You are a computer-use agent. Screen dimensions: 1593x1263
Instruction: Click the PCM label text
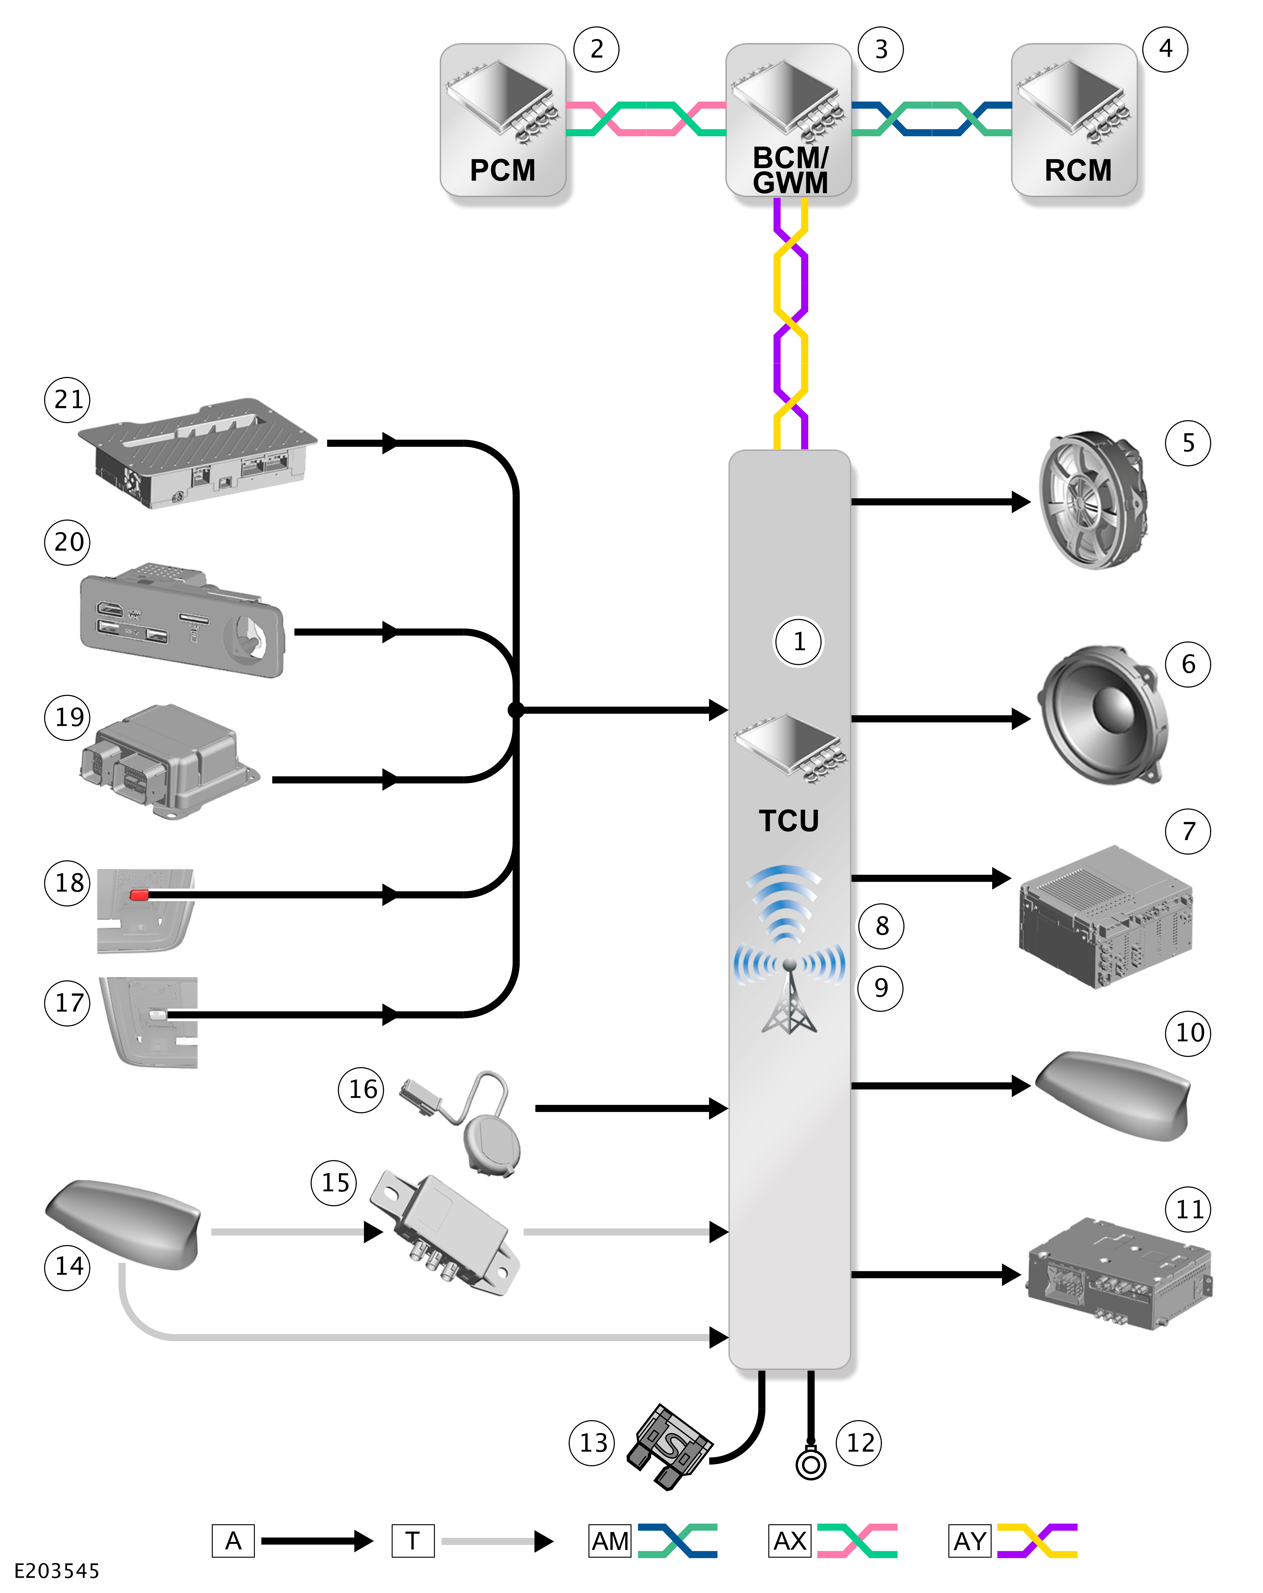[x=503, y=171]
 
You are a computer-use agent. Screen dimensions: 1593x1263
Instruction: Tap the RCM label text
[x=1077, y=171]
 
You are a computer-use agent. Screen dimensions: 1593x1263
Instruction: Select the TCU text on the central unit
[x=789, y=821]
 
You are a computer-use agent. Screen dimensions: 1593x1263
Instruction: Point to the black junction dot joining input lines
[x=516, y=710]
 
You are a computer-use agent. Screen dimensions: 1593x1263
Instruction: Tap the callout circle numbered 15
[x=334, y=1182]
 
